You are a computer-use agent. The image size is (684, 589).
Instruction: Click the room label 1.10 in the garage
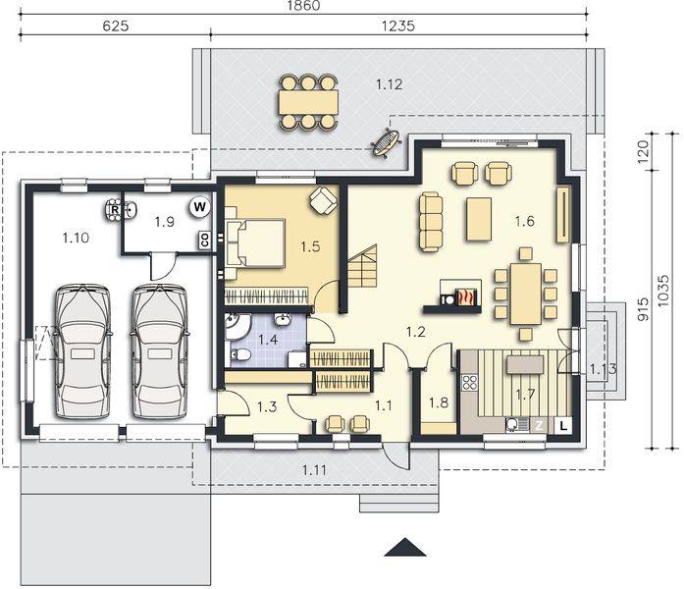[76, 237]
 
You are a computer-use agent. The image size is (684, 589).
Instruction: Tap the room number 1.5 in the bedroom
[311, 246]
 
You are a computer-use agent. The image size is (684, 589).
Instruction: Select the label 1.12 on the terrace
[389, 84]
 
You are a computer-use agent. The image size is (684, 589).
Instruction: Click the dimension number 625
[116, 27]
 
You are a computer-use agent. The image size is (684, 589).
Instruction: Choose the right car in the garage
[159, 350]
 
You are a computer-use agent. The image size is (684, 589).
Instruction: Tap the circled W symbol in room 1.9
[199, 207]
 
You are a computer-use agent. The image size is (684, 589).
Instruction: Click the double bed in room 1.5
[257, 242]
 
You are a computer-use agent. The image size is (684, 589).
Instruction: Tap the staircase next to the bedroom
[361, 266]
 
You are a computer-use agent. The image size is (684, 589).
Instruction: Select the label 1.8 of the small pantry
[438, 402]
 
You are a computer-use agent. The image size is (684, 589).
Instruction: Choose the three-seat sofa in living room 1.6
[430, 221]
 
